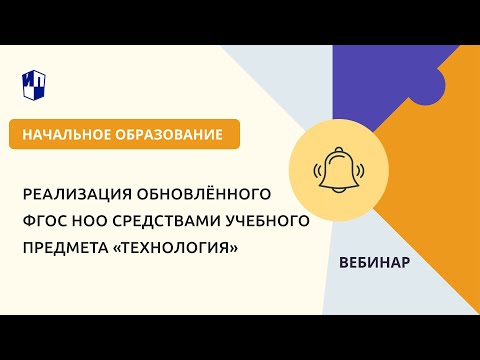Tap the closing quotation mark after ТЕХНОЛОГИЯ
point(234,247)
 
